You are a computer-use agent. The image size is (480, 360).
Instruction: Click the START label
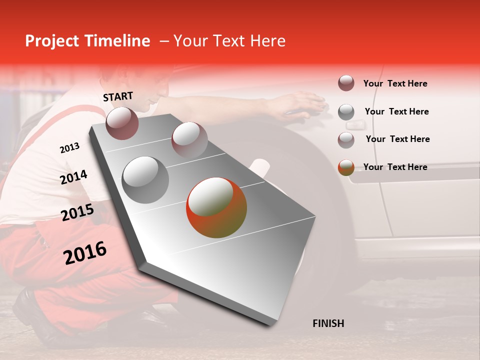pyautogui.click(x=118, y=96)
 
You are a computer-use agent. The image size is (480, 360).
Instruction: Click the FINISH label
pyautogui.click(x=328, y=323)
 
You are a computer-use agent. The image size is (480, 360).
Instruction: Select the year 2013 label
pyautogui.click(x=69, y=148)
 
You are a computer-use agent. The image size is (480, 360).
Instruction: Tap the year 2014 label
pyautogui.click(x=73, y=177)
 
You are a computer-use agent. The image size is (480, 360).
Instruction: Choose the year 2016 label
pyautogui.click(x=85, y=253)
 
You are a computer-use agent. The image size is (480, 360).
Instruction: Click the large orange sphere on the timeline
pyautogui.click(x=216, y=208)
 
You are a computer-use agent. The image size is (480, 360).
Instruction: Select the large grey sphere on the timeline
pyautogui.click(x=145, y=179)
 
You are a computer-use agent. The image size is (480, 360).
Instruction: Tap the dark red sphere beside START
pyautogui.click(x=122, y=123)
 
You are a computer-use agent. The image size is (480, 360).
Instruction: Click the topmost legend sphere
pyautogui.click(x=346, y=83)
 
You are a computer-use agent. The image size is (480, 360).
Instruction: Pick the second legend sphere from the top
pyautogui.click(x=346, y=112)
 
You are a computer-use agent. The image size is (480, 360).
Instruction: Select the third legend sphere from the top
pyautogui.click(x=346, y=139)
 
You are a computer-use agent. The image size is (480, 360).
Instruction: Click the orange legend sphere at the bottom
pyautogui.click(x=346, y=167)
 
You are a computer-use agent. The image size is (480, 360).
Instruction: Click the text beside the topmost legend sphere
pyautogui.click(x=395, y=83)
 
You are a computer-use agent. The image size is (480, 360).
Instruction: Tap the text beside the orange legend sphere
pyautogui.click(x=395, y=167)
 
